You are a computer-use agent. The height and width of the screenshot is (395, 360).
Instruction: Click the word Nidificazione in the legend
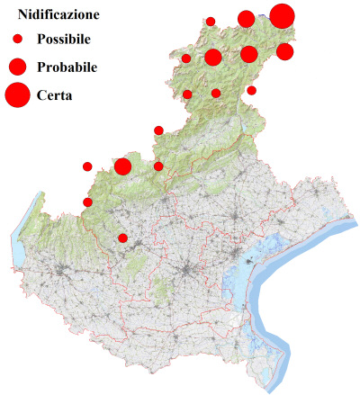point(59,14)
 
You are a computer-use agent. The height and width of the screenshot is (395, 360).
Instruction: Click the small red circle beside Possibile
point(17,40)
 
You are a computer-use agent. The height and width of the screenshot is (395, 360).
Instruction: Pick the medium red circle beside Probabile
point(17,67)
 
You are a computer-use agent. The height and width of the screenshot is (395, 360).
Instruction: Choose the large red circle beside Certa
point(17,94)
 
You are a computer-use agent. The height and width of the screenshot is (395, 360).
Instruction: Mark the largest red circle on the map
point(282,16)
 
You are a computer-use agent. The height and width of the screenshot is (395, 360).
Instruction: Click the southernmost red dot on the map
point(123,238)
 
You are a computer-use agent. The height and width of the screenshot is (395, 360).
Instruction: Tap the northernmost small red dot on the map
point(211,21)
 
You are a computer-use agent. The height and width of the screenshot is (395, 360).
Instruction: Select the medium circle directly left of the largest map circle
point(246,19)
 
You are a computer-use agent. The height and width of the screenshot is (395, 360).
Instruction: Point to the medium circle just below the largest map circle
point(284,51)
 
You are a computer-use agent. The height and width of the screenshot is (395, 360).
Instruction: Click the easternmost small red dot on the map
point(251,90)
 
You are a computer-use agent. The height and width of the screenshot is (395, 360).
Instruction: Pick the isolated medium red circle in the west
point(123,166)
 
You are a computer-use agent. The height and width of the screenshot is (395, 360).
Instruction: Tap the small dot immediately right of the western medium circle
point(158,166)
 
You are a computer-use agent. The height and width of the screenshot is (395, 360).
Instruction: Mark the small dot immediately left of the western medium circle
point(87,166)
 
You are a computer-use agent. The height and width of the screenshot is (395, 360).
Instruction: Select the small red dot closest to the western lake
point(87,202)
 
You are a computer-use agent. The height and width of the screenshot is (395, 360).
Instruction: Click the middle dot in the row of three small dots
point(216,93)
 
